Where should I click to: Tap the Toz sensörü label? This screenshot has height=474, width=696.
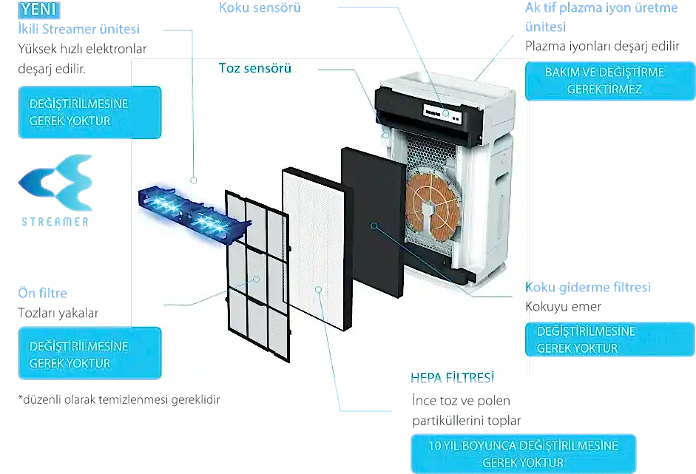255,68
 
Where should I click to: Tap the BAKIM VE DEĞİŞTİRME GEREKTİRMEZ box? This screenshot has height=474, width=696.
604,81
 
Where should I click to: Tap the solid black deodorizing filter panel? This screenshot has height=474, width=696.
374,222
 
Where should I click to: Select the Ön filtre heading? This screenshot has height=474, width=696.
43,294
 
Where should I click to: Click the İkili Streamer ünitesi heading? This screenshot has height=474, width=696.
79,29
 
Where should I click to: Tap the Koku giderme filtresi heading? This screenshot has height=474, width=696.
587,287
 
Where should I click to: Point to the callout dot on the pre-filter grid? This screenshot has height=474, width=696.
256,279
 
